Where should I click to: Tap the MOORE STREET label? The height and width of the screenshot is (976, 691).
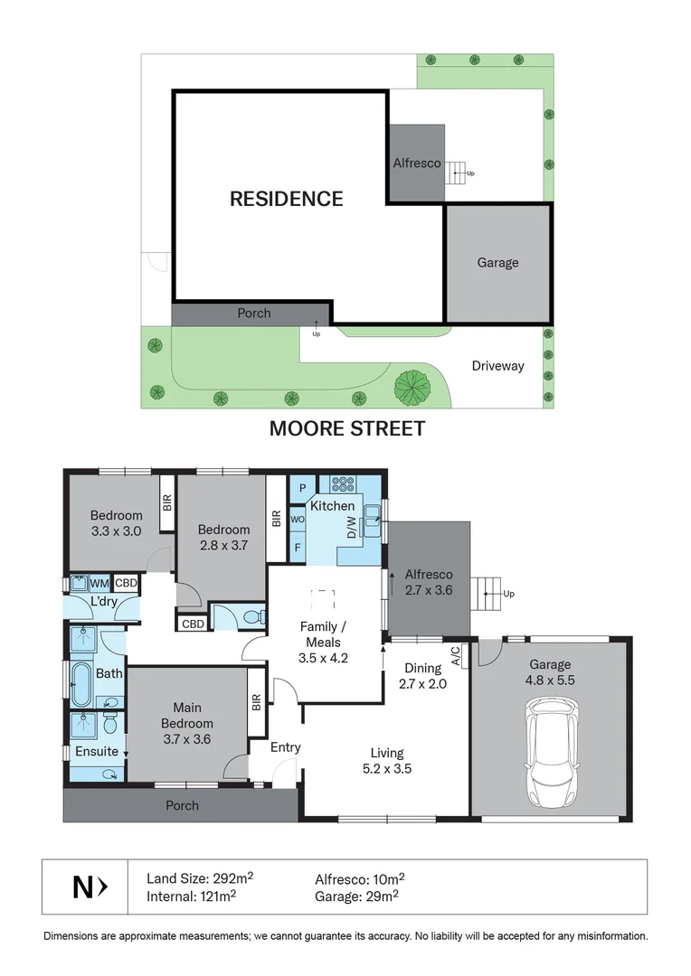coord(346,428)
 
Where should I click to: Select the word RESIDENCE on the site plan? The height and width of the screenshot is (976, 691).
coord(286,199)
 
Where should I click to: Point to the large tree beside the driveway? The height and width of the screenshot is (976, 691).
coord(413,387)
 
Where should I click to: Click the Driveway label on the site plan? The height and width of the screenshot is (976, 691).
coord(497,366)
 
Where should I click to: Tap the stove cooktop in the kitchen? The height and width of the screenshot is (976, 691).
coord(343,483)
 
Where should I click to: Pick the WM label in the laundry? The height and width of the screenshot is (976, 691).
coord(100,583)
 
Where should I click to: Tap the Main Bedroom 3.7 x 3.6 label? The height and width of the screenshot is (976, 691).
coord(187,723)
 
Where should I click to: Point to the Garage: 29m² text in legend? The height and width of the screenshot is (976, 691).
coord(356,896)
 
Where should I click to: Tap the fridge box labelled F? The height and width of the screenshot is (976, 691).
coord(298,547)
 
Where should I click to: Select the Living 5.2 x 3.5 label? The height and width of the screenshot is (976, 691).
coord(386,761)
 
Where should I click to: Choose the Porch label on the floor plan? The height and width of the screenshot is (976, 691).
coord(181,805)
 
